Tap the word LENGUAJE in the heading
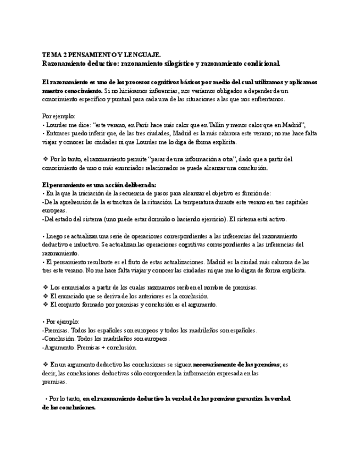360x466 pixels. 142,55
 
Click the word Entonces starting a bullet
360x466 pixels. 56,133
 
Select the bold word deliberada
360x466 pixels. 140,185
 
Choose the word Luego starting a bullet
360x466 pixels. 54,236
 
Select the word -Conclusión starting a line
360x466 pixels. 58,339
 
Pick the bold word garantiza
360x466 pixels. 242,398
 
